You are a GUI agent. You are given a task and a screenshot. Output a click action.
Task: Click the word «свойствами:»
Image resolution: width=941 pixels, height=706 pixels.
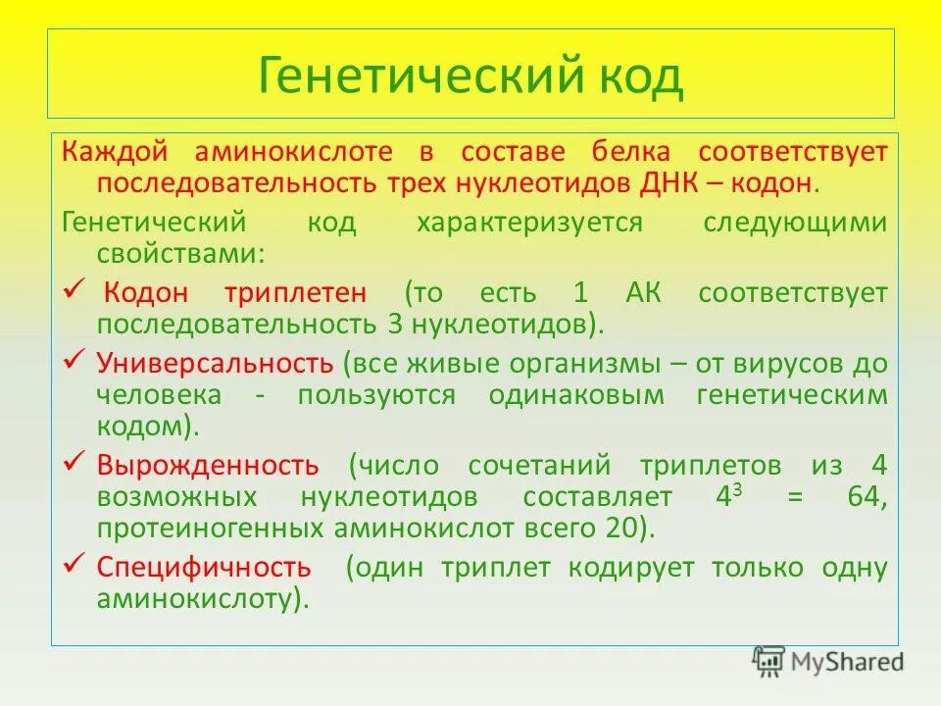180,254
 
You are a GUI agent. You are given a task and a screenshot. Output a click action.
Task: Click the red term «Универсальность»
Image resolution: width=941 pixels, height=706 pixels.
215,364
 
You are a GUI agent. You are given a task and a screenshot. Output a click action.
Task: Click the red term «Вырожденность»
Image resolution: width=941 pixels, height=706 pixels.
207,465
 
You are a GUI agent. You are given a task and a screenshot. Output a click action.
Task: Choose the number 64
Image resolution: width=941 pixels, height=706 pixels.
867,496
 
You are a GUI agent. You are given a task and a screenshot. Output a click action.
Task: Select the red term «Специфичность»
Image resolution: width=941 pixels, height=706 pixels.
204,568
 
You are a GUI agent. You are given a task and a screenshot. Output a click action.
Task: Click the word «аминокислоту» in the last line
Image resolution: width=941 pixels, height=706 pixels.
194,598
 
